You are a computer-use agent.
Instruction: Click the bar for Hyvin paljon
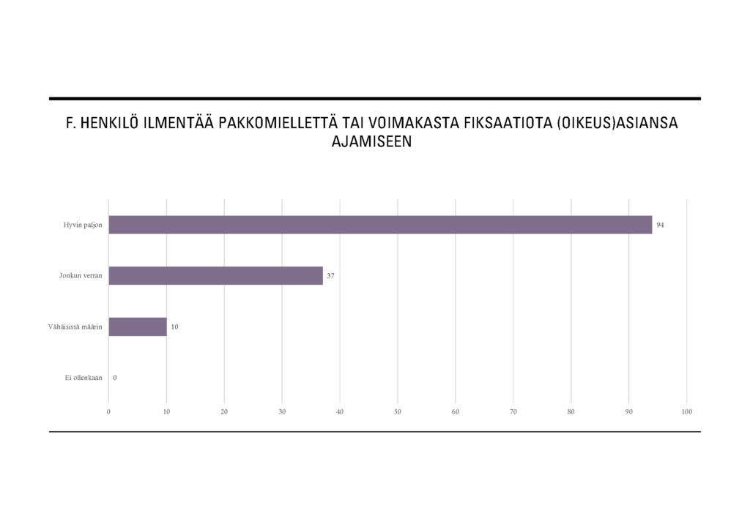(380, 225)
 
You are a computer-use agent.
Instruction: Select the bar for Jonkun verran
(215, 276)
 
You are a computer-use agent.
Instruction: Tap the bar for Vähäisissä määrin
(138, 326)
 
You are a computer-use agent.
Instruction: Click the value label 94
(660, 225)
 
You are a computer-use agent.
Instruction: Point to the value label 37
(330, 276)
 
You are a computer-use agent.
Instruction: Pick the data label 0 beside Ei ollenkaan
(115, 378)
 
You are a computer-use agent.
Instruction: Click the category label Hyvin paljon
(83, 225)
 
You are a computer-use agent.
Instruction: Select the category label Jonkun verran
(81, 276)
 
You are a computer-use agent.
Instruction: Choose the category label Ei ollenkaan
(83, 378)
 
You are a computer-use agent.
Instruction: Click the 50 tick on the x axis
(398, 412)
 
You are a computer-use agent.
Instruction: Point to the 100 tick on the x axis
(686, 412)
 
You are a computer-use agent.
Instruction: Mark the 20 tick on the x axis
(224, 412)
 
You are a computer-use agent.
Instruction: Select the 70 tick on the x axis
(513, 412)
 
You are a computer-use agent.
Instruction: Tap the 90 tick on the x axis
(629, 412)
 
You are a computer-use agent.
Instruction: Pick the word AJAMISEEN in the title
(372, 142)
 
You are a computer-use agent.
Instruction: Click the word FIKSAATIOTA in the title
(506, 124)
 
